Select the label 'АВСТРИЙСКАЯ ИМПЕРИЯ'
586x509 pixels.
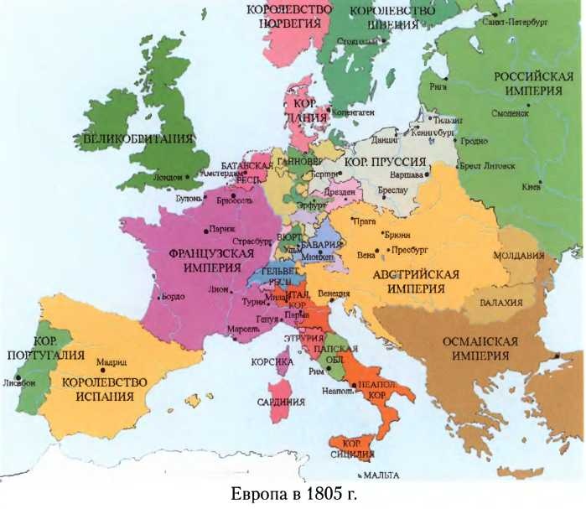tap(417, 281)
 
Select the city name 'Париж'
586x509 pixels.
tap(222, 228)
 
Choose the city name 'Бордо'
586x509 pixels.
tap(173, 296)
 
